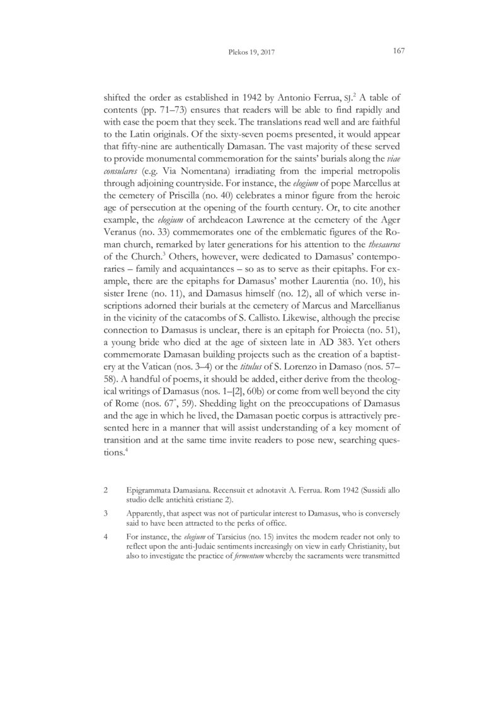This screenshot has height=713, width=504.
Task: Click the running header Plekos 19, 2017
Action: (x=252, y=52)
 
